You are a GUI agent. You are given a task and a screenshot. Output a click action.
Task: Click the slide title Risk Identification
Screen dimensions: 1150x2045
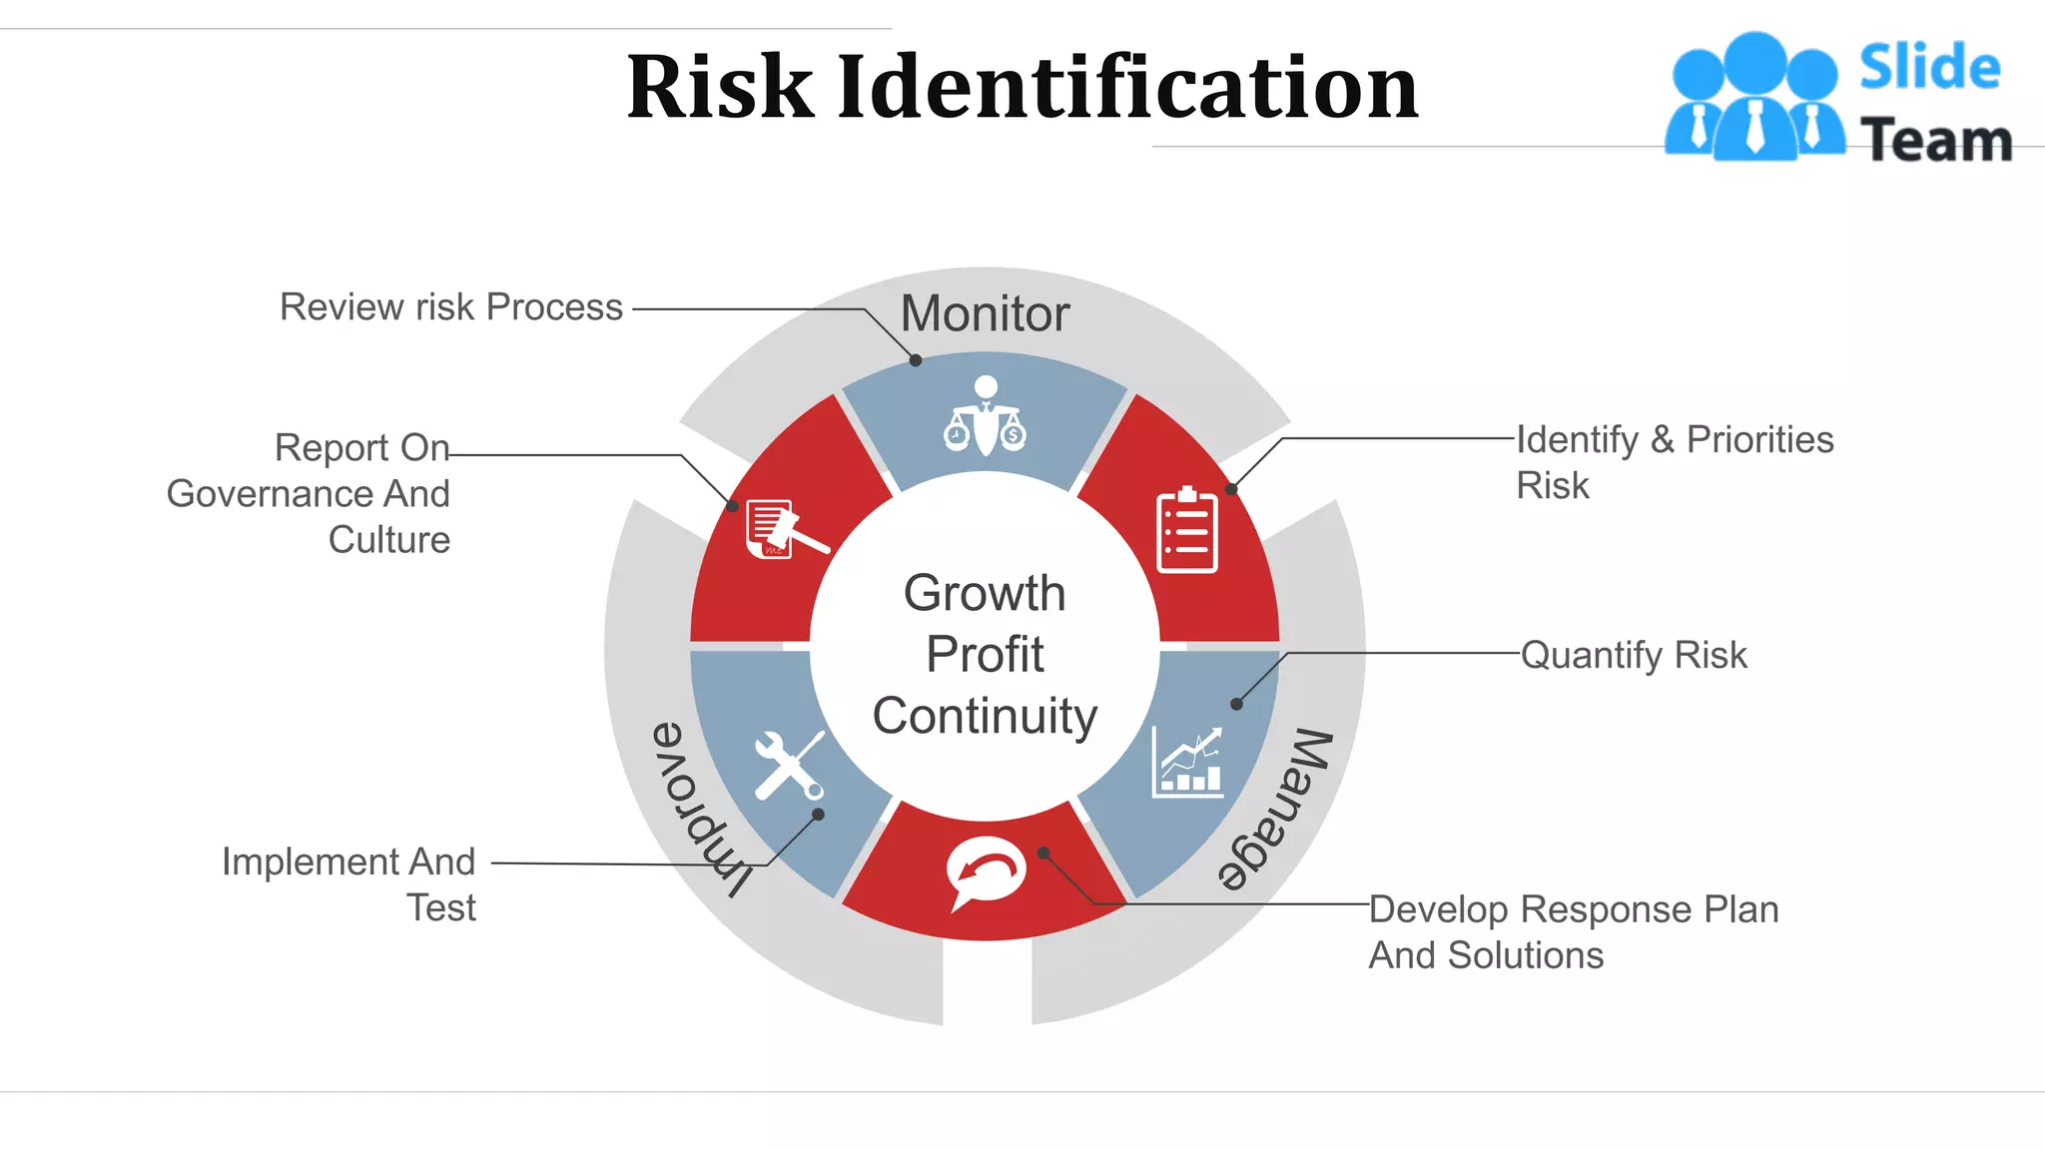point(1022,88)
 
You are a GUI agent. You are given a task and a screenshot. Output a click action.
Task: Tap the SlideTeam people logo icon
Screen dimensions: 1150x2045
point(1754,98)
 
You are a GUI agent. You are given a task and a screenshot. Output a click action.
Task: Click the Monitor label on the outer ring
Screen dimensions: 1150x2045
point(985,313)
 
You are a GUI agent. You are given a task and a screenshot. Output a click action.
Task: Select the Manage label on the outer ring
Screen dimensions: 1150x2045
point(1275,810)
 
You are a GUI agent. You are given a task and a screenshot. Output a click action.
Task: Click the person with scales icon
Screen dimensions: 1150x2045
point(986,415)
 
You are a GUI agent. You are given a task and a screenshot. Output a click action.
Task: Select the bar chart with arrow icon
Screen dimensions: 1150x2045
point(1188,762)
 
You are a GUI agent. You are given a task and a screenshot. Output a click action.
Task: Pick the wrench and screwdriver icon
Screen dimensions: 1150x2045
point(789,765)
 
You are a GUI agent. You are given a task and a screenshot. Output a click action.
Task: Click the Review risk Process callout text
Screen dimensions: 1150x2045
point(451,307)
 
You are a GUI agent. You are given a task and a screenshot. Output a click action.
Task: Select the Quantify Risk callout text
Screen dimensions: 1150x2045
point(1634,655)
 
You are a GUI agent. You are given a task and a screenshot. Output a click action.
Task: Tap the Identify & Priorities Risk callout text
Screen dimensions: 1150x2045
point(1675,462)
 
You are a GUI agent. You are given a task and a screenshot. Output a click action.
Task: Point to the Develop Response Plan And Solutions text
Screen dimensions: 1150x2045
point(1574,931)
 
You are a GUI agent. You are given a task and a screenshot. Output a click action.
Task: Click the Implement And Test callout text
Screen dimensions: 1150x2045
point(348,883)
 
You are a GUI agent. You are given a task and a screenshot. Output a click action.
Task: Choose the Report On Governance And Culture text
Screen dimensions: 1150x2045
point(309,493)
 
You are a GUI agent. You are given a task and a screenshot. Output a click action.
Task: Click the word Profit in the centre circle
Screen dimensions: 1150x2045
point(985,655)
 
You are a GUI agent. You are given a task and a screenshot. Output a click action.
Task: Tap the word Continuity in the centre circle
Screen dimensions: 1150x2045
point(985,716)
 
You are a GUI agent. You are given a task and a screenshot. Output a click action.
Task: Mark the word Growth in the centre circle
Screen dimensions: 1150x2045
point(985,593)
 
